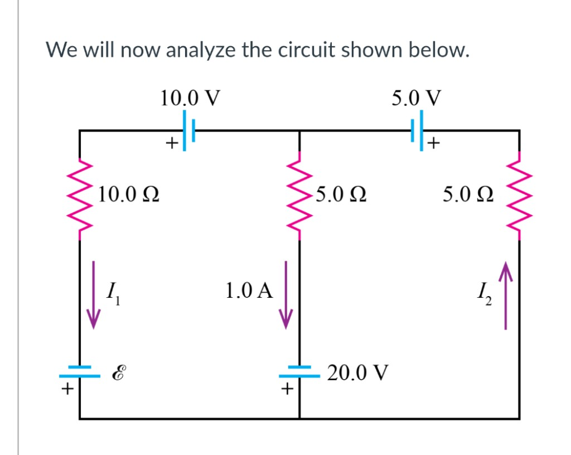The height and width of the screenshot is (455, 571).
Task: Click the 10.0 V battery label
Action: point(189,98)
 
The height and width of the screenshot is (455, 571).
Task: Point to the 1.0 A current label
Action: point(249,291)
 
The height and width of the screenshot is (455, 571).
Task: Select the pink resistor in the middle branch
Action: point(300,195)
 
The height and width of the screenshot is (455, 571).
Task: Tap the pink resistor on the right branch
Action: point(519,195)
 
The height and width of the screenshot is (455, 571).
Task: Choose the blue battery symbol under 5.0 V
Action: point(419,130)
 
